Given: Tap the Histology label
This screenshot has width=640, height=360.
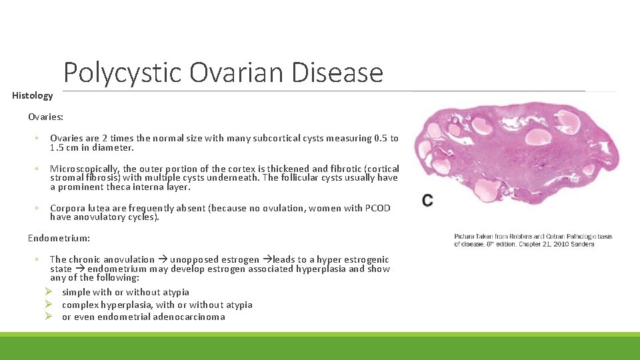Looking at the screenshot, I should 32,95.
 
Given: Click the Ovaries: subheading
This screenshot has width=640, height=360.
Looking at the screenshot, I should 45,117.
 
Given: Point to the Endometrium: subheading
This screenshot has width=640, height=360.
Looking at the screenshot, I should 59,237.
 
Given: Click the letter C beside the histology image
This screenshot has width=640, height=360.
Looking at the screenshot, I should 427,200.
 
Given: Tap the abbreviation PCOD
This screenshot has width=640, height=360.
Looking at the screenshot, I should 377,208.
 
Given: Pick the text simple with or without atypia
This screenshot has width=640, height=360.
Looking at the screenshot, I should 125,292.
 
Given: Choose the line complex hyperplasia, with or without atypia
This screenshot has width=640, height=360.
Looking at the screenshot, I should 157,305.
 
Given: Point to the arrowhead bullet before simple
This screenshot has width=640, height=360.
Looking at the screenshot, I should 49,292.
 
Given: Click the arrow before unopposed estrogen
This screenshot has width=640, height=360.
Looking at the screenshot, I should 162,259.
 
